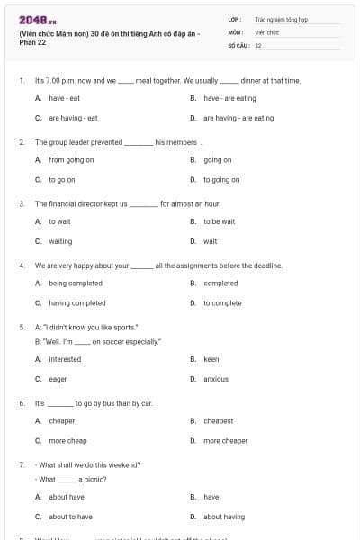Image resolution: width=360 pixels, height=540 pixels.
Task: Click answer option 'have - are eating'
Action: (229, 98)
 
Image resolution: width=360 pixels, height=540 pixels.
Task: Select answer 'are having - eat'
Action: (73, 118)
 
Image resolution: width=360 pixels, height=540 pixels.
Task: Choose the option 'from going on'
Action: (71, 160)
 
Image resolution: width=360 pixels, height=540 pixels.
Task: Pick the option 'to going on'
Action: (221, 180)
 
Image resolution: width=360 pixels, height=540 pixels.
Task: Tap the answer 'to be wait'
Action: (219, 221)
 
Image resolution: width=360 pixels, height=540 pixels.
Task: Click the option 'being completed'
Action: (75, 283)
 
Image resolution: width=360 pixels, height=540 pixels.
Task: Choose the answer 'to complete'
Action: (222, 303)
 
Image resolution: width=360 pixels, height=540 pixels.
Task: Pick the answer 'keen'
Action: (211, 359)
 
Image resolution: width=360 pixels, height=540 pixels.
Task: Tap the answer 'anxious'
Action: (216, 379)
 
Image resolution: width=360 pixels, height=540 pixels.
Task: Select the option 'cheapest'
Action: (218, 421)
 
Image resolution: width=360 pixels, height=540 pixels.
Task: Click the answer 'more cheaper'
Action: (225, 441)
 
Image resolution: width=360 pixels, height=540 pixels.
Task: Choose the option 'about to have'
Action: (70, 517)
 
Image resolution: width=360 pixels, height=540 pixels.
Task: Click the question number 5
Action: (22, 327)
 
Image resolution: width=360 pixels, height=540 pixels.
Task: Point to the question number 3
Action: (22, 204)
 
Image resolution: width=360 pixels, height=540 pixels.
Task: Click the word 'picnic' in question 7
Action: (95, 480)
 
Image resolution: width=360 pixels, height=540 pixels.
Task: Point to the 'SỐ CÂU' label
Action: (238, 44)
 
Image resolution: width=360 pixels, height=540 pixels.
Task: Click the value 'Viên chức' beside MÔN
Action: (266, 31)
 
